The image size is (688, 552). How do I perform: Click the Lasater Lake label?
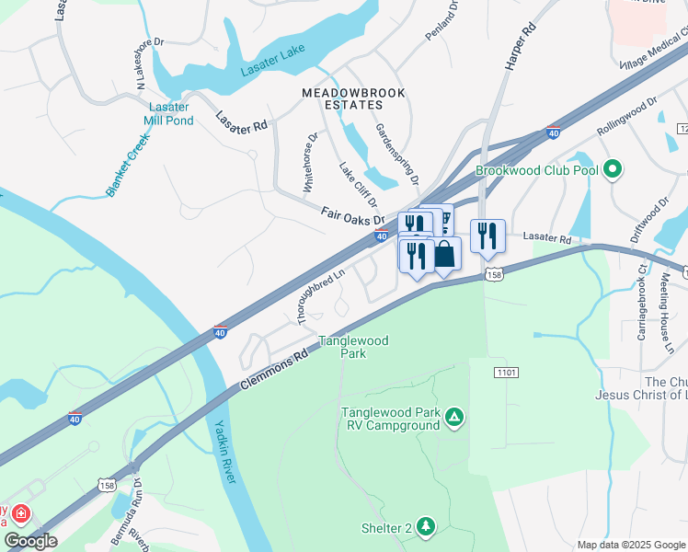[272, 70]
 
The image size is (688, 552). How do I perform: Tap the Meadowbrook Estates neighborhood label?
[341, 99]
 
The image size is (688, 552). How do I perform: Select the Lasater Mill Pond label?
[170, 113]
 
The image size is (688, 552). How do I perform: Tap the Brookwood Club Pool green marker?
[613, 169]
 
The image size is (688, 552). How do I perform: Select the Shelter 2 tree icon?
[425, 527]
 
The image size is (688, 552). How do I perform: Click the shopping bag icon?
[444, 255]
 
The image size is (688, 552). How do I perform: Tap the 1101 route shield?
[505, 372]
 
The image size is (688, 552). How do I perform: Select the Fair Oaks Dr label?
[351, 217]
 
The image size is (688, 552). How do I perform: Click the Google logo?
[30, 542]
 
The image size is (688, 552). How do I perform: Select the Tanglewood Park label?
[353, 347]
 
